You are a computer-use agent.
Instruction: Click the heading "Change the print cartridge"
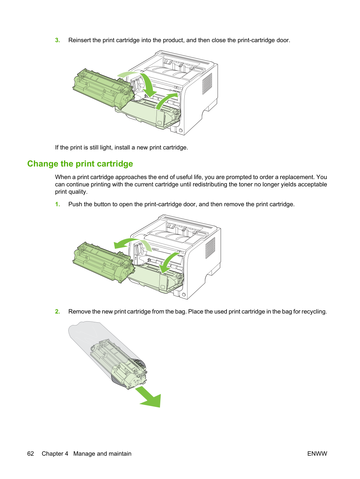(x=80, y=164)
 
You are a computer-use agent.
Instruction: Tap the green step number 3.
(x=58, y=40)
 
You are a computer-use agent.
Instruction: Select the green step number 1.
(x=58, y=204)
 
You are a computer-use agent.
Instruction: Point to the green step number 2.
(x=58, y=311)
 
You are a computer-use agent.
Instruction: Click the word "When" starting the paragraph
(x=63, y=177)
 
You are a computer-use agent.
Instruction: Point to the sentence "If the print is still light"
(x=121, y=147)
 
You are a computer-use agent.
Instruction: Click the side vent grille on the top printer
(x=207, y=84)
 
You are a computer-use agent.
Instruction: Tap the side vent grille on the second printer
(x=210, y=248)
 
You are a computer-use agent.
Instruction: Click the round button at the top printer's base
(x=181, y=131)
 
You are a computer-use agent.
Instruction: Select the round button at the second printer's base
(x=184, y=295)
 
